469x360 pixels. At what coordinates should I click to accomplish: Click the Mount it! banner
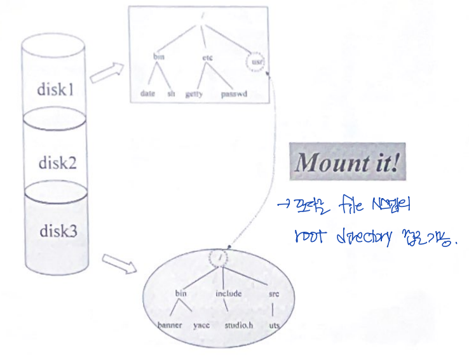348,163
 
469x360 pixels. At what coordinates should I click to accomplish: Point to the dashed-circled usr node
257,62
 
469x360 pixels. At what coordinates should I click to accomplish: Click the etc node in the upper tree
207,57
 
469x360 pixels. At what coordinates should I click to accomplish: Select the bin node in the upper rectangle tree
159,57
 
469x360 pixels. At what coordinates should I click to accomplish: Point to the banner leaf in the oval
170,325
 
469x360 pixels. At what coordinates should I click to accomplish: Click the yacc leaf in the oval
201,325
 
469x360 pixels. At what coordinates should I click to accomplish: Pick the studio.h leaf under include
239,325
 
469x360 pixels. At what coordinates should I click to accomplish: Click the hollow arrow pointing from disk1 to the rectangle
107,74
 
